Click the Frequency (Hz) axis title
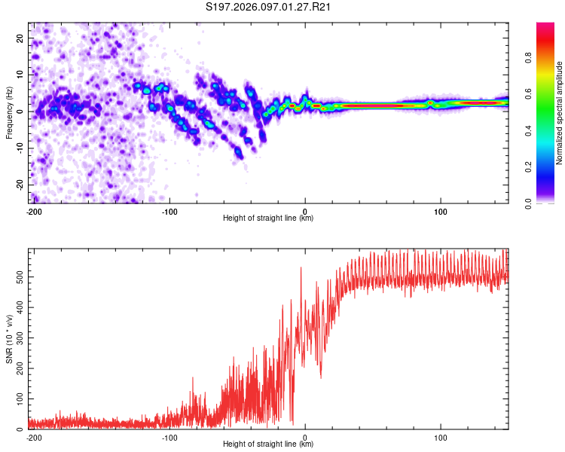click(x=9, y=112)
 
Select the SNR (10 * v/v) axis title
click(x=9, y=338)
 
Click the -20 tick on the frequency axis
click(x=20, y=185)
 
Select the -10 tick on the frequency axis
click(x=20, y=148)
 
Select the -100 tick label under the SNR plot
click(x=169, y=436)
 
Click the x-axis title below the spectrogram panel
click(x=268, y=218)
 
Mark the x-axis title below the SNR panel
click(x=268, y=444)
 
